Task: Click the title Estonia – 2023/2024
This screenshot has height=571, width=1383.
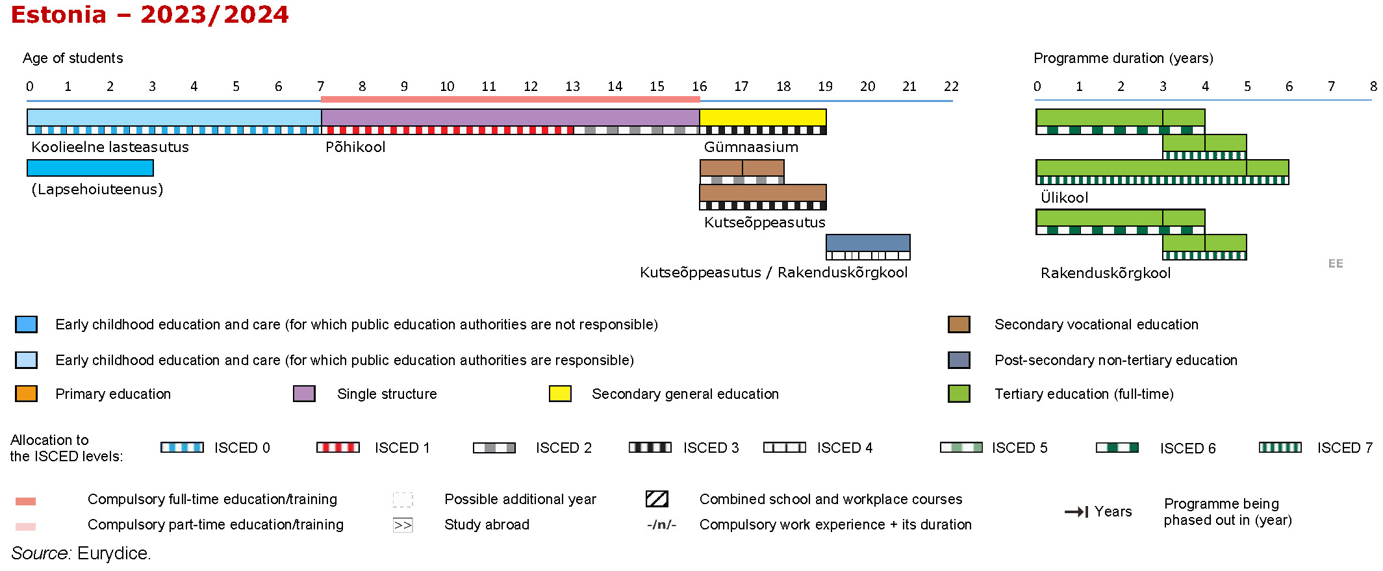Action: point(149,15)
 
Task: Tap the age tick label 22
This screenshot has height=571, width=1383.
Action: point(951,86)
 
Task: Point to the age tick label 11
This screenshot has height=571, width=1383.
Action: point(488,86)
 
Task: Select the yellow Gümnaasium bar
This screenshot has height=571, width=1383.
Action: point(763,118)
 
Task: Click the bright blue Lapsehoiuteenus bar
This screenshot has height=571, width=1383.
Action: point(90,168)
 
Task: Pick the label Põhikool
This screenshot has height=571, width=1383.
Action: point(355,147)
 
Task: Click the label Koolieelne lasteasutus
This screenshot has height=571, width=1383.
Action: point(110,147)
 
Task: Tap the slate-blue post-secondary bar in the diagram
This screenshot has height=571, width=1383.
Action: point(868,243)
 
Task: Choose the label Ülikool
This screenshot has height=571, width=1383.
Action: point(1064,197)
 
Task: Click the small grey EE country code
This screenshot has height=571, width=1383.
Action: point(1336,264)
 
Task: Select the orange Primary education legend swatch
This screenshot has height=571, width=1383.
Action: point(26,394)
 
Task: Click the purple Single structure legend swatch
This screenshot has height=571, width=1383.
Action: point(304,394)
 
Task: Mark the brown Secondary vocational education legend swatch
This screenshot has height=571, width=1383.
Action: point(959,324)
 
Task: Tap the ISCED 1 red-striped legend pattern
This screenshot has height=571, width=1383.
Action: point(338,448)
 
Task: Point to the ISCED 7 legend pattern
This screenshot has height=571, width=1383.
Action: point(1280,448)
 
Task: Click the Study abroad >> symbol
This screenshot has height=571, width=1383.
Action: point(403,525)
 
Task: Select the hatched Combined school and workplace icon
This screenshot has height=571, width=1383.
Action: point(657,499)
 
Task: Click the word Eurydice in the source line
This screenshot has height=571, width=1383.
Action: point(114,553)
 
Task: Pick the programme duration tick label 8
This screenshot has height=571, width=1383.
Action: point(1373,86)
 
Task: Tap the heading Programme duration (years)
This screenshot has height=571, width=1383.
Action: point(1123,58)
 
